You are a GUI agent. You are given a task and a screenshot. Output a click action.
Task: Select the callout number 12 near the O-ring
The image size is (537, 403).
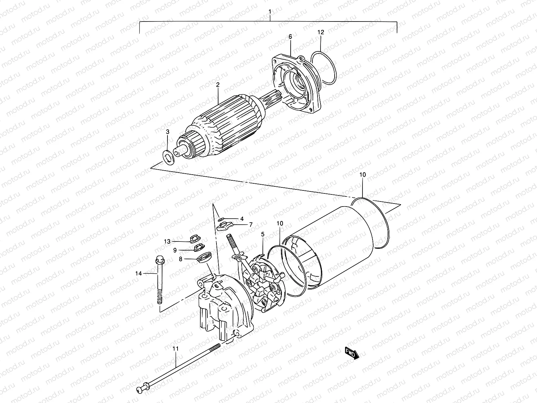click(321, 32)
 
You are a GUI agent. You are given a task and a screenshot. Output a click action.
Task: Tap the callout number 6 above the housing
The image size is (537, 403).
click(290, 36)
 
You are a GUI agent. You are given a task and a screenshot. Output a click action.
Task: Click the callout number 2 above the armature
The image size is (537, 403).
click(217, 85)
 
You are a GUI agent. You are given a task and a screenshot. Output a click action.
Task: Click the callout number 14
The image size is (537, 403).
click(139, 273)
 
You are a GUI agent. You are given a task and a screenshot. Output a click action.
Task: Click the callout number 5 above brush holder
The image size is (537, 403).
click(263, 234)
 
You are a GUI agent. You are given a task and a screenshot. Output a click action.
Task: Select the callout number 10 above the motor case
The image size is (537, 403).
click(362, 175)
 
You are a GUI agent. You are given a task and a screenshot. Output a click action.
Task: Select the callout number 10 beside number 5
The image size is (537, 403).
click(280, 223)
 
